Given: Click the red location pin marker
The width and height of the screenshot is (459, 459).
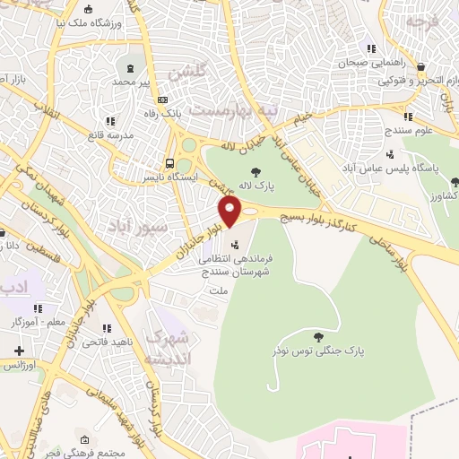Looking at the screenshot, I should (x=230, y=212).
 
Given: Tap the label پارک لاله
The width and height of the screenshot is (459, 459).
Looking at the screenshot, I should (x=256, y=186).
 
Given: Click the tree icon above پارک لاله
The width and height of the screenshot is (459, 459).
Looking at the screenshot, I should (x=256, y=171).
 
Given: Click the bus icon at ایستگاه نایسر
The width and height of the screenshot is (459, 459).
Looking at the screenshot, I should (x=169, y=163).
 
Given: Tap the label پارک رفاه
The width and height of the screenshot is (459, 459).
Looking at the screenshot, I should (x=163, y=115).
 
